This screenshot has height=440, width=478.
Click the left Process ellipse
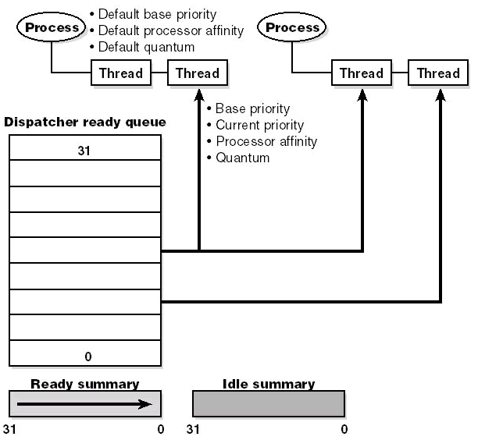click(52, 27)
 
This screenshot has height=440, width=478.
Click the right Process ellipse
click(292, 27)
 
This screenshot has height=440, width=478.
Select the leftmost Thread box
click(121, 73)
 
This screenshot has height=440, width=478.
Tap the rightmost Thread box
click(438, 73)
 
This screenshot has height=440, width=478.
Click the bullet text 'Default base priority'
click(157, 14)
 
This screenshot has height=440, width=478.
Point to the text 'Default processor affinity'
click(171, 30)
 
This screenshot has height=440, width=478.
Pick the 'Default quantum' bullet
click(146, 47)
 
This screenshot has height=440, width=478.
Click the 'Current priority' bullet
click(260, 125)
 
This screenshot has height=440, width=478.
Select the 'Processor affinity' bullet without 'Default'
click(266, 141)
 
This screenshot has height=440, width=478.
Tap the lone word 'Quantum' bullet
click(243, 158)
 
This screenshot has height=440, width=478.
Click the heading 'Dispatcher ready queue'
click(85, 122)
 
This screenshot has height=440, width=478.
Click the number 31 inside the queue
click(84, 151)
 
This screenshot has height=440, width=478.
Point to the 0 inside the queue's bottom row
click(88, 357)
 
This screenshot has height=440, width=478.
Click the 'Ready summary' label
click(85, 385)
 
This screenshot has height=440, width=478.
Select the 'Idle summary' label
click(269, 385)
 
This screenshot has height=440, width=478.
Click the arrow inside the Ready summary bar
click(84, 404)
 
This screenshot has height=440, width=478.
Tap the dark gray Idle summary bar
click(269, 404)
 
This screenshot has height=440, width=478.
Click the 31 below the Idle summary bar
click(193, 429)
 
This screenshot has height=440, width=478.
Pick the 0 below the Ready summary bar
click(161, 429)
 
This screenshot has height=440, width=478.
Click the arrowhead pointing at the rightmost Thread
click(441, 94)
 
